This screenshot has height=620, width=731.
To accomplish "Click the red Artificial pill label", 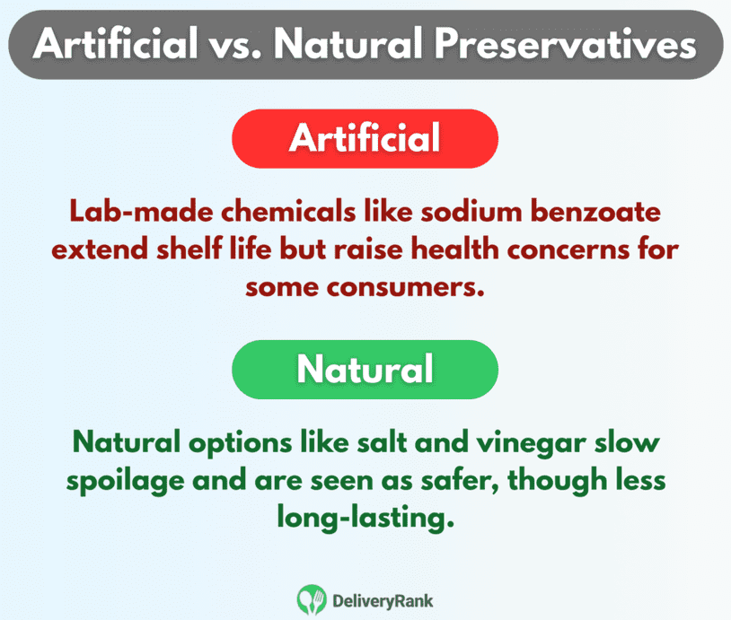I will click(x=365, y=139).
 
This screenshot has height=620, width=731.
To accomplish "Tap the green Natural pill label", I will click(x=365, y=369).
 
